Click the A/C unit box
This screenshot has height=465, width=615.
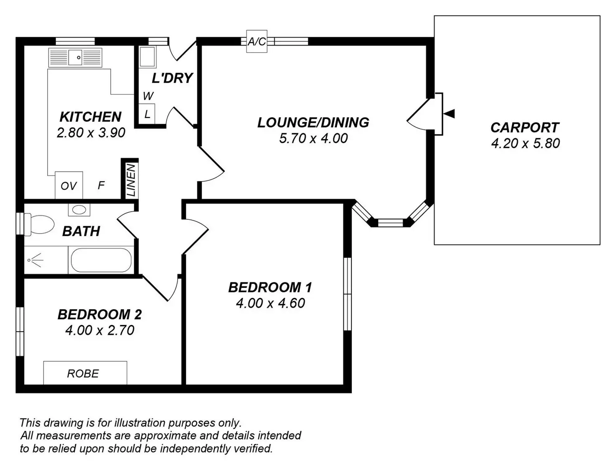coord(257,41)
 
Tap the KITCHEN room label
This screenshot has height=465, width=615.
coord(91,117)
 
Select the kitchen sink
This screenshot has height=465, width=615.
coord(75,57)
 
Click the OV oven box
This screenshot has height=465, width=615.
coord(69,185)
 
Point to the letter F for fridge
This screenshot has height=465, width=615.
coord(101,185)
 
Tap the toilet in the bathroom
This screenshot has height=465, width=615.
coord(40,224)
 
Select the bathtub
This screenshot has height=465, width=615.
coord(101,260)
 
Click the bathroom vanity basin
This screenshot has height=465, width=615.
coord(79,209)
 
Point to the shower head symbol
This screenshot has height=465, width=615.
coord(36,260)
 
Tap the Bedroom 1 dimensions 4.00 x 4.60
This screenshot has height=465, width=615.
coord(270,303)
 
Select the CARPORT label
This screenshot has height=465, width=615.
coord(525,127)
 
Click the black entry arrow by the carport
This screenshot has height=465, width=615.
coord(449,114)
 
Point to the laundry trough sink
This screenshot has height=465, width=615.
coord(147,57)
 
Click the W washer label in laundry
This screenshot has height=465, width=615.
coord(148,96)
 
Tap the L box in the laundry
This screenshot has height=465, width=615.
coord(147,114)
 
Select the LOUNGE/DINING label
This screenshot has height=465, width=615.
coord(313,122)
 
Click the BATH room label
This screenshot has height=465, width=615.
coord(81,231)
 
